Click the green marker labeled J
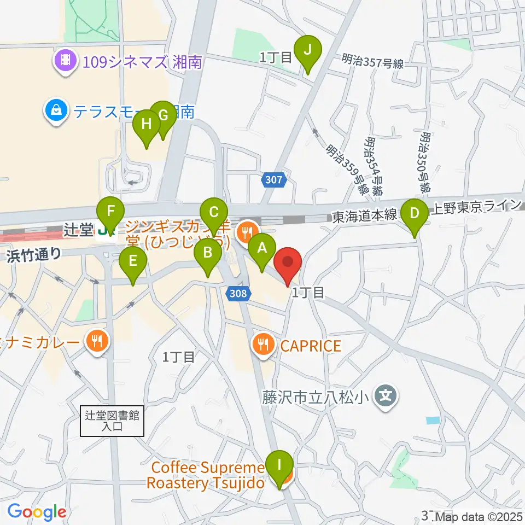(x=307, y=51)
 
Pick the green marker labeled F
(x=111, y=211)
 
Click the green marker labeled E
(x=133, y=262)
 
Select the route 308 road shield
(x=238, y=294)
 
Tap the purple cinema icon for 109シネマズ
(x=65, y=61)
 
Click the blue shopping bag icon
(x=56, y=112)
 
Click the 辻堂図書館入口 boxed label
(x=112, y=421)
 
